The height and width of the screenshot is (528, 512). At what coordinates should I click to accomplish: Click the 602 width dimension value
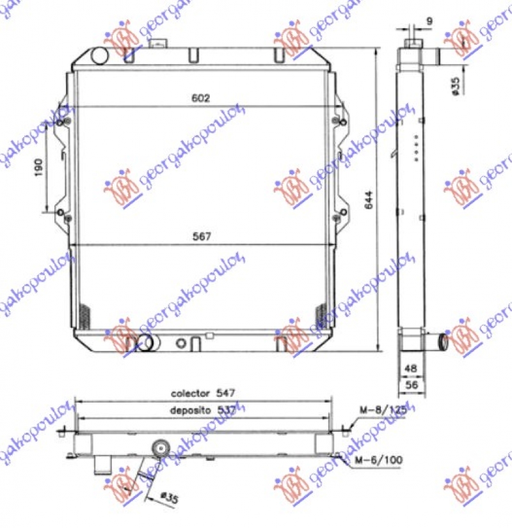click(x=200, y=98)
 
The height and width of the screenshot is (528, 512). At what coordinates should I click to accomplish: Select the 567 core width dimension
click(x=200, y=236)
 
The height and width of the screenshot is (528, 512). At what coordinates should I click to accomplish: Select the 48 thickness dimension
click(x=410, y=369)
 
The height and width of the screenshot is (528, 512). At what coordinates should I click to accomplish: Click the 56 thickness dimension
click(x=410, y=384)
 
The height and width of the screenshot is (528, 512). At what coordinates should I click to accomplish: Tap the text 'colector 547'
click(x=200, y=393)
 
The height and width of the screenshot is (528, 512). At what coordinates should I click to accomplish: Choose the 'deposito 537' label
click(x=200, y=410)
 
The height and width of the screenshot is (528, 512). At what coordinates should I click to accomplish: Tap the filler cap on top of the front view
click(x=157, y=44)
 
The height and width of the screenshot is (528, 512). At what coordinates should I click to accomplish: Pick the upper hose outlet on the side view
click(x=437, y=57)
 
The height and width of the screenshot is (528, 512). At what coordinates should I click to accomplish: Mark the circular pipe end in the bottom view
click(x=160, y=447)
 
